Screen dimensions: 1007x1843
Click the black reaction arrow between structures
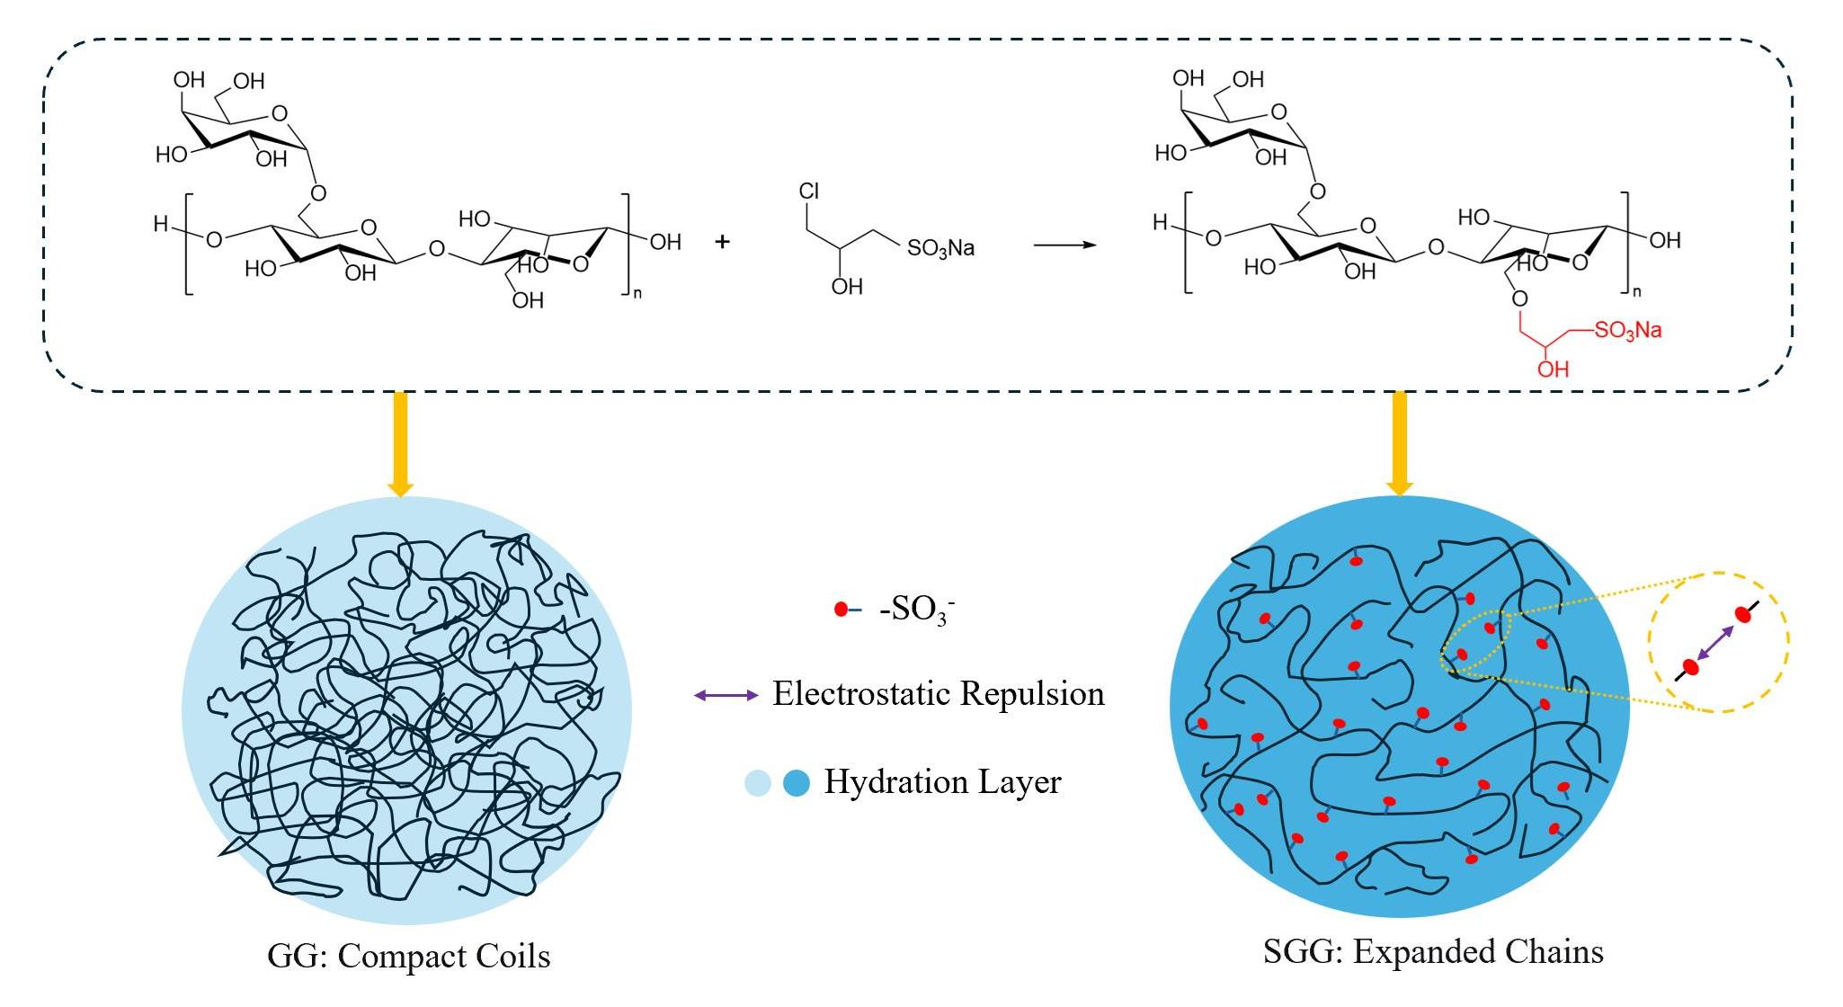1064,244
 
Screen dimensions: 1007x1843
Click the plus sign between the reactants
722,242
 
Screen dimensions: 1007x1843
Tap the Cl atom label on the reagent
808,192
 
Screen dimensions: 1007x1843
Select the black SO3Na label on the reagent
940,248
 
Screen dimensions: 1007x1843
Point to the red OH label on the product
1553,369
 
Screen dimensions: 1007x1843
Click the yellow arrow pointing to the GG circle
400,444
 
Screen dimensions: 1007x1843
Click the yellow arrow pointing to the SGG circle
1399,444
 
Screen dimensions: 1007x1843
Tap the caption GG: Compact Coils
409,956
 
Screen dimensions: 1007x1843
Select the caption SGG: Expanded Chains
1433,951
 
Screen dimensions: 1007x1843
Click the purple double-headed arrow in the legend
726,695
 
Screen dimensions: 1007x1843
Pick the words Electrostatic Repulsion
938,693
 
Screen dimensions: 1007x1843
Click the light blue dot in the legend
758,783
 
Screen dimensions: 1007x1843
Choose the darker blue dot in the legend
797,783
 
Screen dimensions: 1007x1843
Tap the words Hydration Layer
942,782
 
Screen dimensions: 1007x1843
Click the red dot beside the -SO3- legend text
841,610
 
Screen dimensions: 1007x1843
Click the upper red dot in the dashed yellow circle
1742,615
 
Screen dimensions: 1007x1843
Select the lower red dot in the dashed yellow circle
1691,667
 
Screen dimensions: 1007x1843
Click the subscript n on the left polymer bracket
637,293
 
